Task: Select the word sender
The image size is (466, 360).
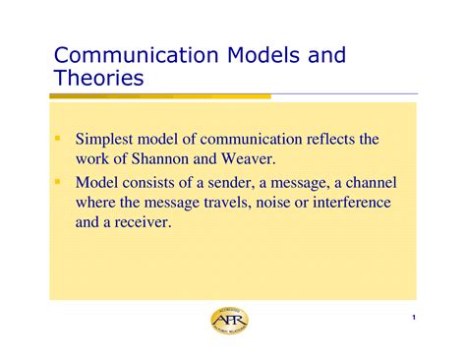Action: (236, 184)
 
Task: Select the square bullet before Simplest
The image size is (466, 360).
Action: (60, 139)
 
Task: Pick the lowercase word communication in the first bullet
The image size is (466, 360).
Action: (239, 140)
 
